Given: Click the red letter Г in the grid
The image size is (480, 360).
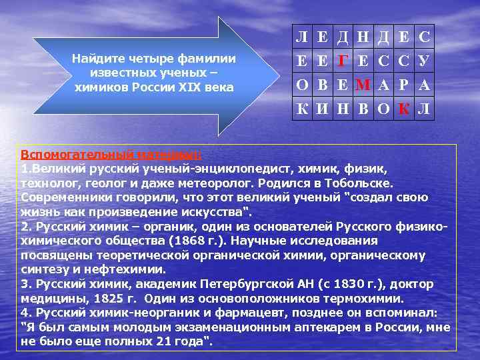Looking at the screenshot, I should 343,62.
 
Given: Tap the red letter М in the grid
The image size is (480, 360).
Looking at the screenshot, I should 363,85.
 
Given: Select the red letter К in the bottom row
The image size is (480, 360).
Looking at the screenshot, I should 404,109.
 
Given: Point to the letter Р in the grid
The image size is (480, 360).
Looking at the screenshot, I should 404,85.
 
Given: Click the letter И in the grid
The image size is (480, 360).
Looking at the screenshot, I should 323,109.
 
